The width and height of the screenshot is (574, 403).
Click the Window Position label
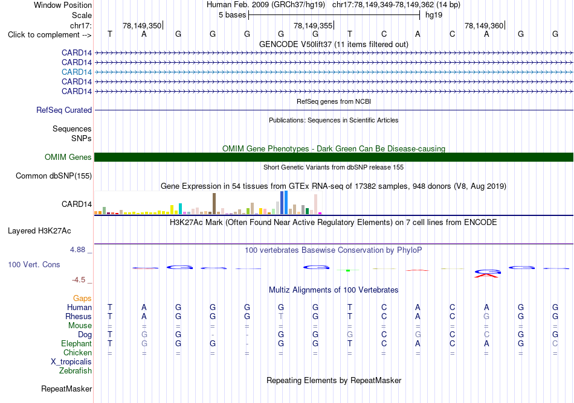tap(63, 5)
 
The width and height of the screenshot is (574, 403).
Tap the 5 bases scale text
tap(233, 15)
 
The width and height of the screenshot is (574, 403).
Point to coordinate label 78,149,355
tap(313, 25)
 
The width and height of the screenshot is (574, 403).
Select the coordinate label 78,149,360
tap(484, 25)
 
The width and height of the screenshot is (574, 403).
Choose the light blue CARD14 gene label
tap(77, 72)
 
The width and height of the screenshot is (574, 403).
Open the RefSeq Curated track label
tap(64, 110)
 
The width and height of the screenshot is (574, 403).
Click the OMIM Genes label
tap(68, 157)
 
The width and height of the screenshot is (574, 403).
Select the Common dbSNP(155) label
tap(54, 176)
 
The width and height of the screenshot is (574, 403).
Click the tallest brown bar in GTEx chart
tap(214, 203)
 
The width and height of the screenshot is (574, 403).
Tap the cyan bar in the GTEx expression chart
tap(180, 209)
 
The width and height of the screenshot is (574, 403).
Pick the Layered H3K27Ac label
tap(39, 231)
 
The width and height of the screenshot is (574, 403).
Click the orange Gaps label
tap(82, 299)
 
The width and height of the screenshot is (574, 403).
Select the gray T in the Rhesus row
tap(281, 316)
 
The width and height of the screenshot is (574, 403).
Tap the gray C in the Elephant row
tap(555, 343)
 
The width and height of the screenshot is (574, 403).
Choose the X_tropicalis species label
tap(71, 362)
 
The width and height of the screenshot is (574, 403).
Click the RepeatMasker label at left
tap(66, 389)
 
